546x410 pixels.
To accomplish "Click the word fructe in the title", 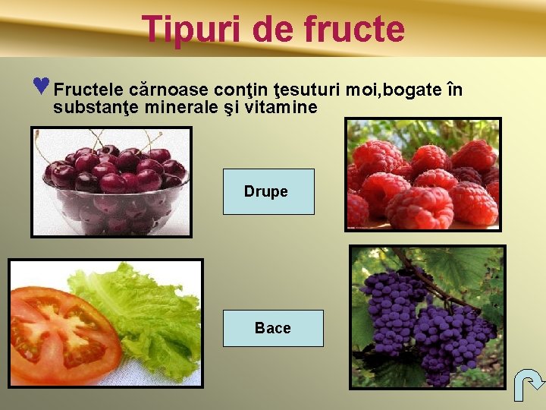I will click(x=353, y=29).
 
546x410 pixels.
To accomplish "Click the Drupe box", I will click(x=268, y=191).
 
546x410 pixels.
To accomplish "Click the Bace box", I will click(x=273, y=328).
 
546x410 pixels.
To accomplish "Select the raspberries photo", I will click(x=422, y=175).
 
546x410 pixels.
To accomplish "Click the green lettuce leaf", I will click(x=152, y=311).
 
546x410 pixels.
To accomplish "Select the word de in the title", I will click(x=274, y=29).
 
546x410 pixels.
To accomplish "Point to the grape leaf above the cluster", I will click(x=455, y=266).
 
